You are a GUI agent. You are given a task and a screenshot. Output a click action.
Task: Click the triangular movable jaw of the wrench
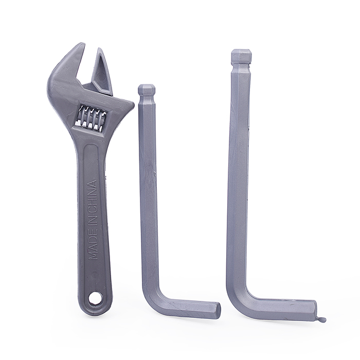point(102,71)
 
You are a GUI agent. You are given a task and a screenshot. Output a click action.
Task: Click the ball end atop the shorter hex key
point(147,90)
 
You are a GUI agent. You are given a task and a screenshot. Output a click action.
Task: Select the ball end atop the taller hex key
point(241,56)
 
